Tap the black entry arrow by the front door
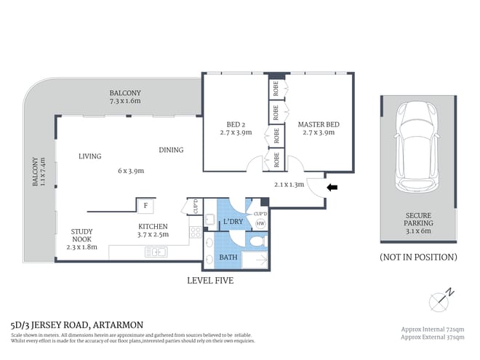(332, 188)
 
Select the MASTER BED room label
(319, 124)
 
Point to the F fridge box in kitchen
(145, 205)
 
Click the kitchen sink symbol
(156, 252)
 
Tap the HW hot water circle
(259, 225)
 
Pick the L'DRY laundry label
(233, 221)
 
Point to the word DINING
(171, 151)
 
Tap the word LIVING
(90, 156)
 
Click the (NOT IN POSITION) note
(418, 257)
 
